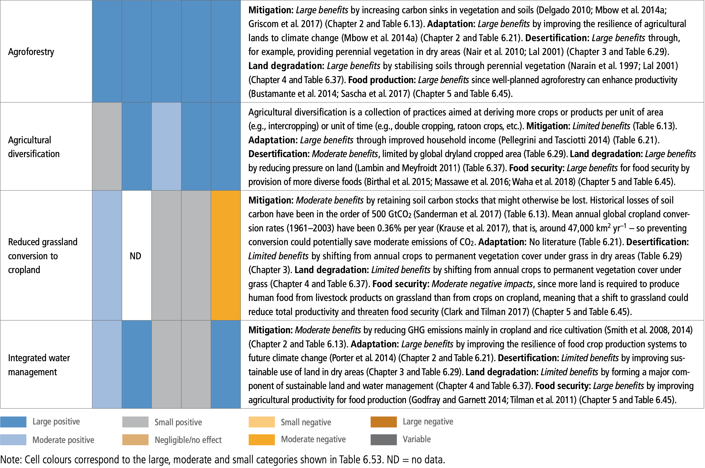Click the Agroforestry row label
point(31,52)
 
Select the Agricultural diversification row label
point(33,147)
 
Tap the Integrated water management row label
point(39,365)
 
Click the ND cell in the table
point(135,256)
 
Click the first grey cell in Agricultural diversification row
point(107,146)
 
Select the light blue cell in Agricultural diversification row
point(166,146)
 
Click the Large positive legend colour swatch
point(13,422)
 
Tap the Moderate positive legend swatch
point(13,440)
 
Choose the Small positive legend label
point(178,422)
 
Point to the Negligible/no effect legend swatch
point(135,440)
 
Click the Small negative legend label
point(306,422)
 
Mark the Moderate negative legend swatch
point(261,440)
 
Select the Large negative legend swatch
point(384,422)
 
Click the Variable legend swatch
point(384,440)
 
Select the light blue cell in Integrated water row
point(107,364)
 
